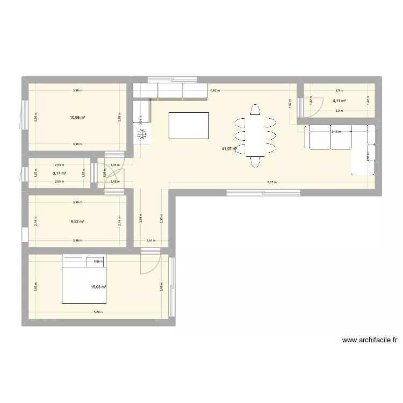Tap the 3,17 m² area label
coord(59,173)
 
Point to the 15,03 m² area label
coord(98,287)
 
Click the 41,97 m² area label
coord(229,149)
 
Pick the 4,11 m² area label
coord(339,101)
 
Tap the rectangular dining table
coord(255,134)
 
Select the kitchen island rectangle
coord(189,126)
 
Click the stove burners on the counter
coord(143,136)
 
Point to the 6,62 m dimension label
coord(214,91)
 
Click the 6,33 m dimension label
coord(272,182)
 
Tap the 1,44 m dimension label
coord(151,241)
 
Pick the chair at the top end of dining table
coord(255,110)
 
